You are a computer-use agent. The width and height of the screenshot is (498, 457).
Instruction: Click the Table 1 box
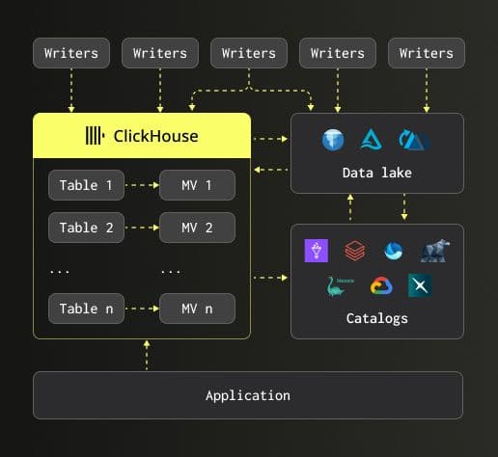(x=86, y=185)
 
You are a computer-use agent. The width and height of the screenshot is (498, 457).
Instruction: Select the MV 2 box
(x=197, y=228)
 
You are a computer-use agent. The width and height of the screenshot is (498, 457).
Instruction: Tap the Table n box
(x=86, y=309)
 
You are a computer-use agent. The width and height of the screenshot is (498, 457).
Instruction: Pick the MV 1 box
(x=197, y=185)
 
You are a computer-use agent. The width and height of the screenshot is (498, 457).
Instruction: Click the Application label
(x=248, y=395)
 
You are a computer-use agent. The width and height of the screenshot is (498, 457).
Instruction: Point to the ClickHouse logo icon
(x=95, y=136)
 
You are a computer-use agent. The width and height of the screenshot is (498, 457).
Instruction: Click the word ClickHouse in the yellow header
(x=155, y=136)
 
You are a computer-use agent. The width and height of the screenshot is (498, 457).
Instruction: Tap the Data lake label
(x=377, y=173)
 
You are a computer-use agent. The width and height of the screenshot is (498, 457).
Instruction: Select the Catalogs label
(x=377, y=318)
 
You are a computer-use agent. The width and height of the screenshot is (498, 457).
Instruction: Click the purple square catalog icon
(x=317, y=251)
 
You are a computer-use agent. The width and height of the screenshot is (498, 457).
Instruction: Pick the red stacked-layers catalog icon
(x=355, y=251)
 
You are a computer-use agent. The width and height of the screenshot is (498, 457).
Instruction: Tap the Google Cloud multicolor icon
(x=381, y=285)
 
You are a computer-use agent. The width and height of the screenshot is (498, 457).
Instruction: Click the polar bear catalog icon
(x=435, y=251)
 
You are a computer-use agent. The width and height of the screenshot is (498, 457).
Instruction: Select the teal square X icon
(x=420, y=285)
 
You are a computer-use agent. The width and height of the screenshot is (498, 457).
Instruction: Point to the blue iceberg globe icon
(x=333, y=140)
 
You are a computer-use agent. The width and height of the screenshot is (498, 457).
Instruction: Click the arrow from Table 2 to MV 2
(x=142, y=228)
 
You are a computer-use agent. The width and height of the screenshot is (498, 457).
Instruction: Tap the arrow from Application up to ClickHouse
(x=147, y=355)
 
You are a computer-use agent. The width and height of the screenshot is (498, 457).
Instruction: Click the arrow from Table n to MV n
(x=142, y=309)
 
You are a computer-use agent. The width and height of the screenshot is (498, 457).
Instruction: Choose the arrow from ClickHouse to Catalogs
(x=270, y=278)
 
